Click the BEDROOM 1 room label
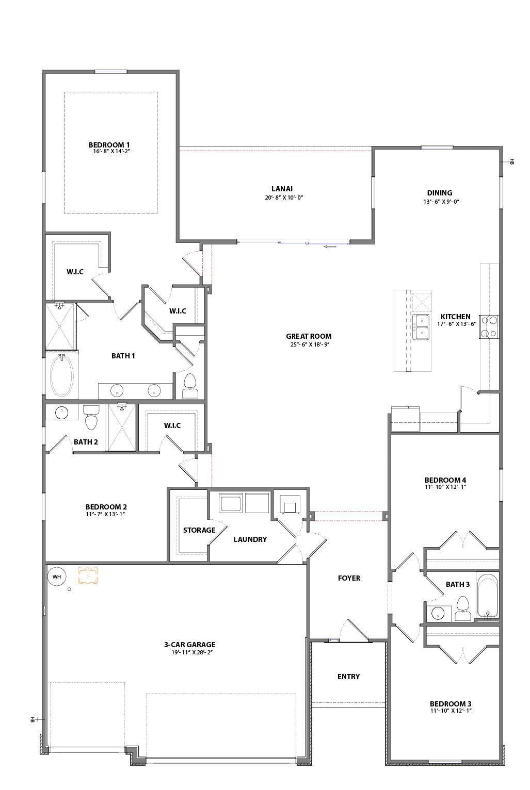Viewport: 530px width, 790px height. click(109, 145)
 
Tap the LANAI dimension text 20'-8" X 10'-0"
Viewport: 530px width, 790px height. click(284, 197)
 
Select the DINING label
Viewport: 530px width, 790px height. click(439, 193)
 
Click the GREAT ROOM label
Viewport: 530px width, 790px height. click(309, 336)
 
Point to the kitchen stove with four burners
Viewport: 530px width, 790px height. click(489, 327)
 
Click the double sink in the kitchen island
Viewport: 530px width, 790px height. click(422, 327)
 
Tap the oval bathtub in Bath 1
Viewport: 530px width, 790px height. click(61, 375)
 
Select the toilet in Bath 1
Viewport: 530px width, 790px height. click(190, 385)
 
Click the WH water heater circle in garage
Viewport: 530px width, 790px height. click(57, 577)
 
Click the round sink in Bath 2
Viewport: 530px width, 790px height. click(62, 413)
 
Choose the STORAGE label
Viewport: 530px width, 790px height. click(199, 530)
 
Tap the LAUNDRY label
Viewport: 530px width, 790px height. click(250, 539)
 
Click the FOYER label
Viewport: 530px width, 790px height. click(349, 578)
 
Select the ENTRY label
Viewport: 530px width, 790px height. click(348, 677)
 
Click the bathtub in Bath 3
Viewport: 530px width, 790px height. click(487, 596)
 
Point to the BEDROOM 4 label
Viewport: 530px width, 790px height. click(445, 480)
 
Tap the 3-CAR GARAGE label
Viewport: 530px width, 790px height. click(189, 645)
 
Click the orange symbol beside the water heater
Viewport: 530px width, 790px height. click(88, 575)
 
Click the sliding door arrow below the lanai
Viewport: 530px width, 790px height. click(330, 246)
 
